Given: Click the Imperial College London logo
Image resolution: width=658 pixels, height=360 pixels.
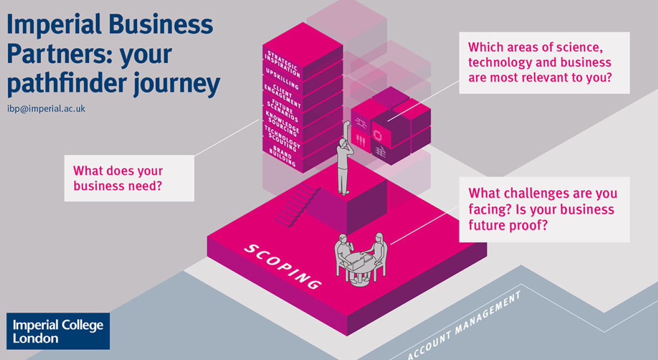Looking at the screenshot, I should tap(58, 331).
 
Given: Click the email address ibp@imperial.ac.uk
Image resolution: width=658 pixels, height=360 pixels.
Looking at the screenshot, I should tap(46, 109).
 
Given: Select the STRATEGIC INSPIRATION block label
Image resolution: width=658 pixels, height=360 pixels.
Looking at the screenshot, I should tap(283, 64).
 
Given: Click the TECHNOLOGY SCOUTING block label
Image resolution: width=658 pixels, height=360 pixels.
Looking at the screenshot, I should tap(283, 137).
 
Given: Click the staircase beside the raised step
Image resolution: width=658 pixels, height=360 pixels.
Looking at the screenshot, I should tap(297, 205).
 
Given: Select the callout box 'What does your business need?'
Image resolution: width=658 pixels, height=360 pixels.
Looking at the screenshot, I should tap(129, 178).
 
